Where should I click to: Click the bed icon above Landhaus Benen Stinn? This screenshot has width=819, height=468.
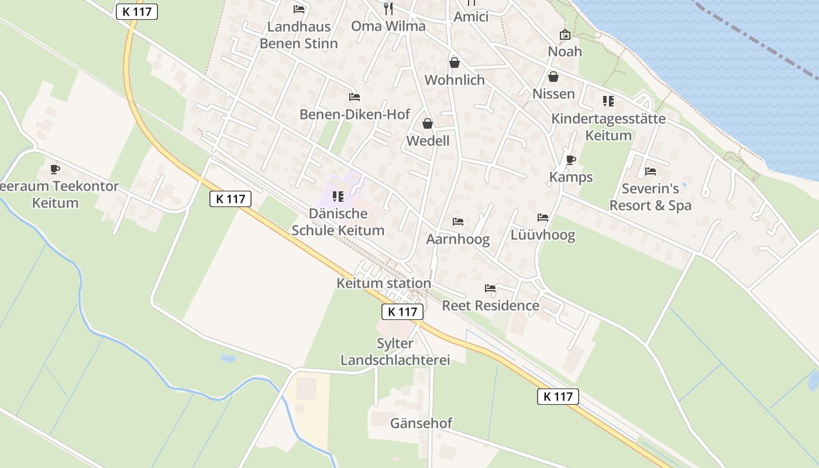[299, 9]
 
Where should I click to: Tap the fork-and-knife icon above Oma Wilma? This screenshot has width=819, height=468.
[388, 8]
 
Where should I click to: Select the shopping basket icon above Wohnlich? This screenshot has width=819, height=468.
[455, 62]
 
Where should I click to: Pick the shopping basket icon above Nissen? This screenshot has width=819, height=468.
[553, 77]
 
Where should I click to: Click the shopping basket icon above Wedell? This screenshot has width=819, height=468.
[428, 123]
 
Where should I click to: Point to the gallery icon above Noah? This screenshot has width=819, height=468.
[565, 35]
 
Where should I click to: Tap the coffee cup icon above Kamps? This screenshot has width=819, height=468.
[571, 160]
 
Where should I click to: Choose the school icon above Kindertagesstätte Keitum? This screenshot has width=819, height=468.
[608, 101]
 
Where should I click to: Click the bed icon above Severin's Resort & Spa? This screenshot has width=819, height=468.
[650, 171]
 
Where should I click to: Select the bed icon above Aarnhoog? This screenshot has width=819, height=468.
[457, 222]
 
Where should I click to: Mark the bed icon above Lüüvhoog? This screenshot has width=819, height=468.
[543, 218]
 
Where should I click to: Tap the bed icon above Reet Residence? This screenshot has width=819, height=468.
[490, 288]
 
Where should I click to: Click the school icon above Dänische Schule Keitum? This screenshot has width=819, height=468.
[338, 197]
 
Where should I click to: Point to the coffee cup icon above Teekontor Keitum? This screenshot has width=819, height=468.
[55, 170]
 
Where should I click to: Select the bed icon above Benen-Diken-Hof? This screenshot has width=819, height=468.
[354, 97]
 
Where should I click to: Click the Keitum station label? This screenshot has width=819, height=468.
[384, 284]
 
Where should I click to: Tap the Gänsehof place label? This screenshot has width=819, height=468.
[421, 423]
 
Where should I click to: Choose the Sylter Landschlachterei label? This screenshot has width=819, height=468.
[395, 352]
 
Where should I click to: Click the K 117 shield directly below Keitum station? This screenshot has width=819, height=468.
[403, 312]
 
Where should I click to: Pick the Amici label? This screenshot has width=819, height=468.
[471, 16]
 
